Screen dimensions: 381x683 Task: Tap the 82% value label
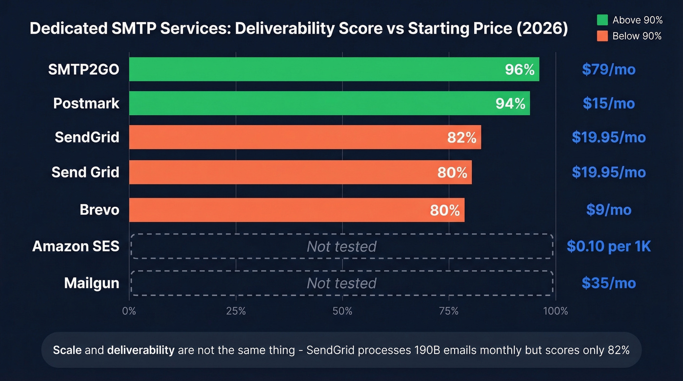pos(462,138)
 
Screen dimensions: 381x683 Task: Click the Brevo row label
pos(100,210)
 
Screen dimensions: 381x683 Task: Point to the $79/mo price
pos(608,69)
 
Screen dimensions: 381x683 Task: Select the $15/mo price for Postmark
pos(608,103)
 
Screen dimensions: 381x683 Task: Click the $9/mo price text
pos(608,210)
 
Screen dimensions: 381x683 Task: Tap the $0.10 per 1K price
pos(608,246)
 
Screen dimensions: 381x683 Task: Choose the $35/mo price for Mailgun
pos(608,283)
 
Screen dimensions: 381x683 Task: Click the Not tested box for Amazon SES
pos(341,246)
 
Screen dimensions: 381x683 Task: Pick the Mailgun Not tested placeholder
pos(341,283)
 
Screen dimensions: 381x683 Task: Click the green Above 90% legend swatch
pos(602,20)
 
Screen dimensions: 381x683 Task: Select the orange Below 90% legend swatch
pos(602,36)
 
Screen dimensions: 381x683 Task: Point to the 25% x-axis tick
pos(236,311)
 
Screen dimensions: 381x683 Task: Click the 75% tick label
pos(448,311)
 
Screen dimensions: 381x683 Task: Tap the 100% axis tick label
pos(555,311)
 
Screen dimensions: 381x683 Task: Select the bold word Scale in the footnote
pos(64,350)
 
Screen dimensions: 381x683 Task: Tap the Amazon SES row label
pos(76,246)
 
